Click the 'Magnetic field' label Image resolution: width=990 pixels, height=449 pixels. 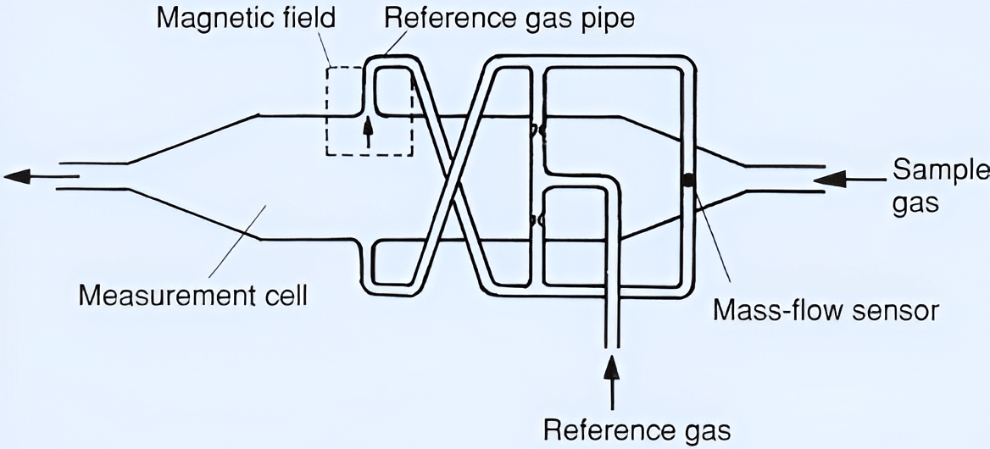tap(246, 18)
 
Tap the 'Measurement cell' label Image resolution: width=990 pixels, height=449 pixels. tap(192, 297)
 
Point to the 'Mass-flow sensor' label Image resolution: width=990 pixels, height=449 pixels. tap(826, 310)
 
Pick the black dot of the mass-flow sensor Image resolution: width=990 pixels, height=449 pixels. tap(688, 180)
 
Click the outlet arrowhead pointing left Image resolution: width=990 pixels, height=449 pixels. tap(19, 176)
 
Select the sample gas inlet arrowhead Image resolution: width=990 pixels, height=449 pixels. tap(830, 179)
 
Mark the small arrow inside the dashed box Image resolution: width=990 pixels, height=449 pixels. tap(367, 132)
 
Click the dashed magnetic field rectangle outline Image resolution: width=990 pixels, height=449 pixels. tap(327, 110)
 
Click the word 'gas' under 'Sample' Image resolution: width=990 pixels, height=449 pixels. tap(916, 204)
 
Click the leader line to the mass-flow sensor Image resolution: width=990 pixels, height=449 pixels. tap(712, 237)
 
